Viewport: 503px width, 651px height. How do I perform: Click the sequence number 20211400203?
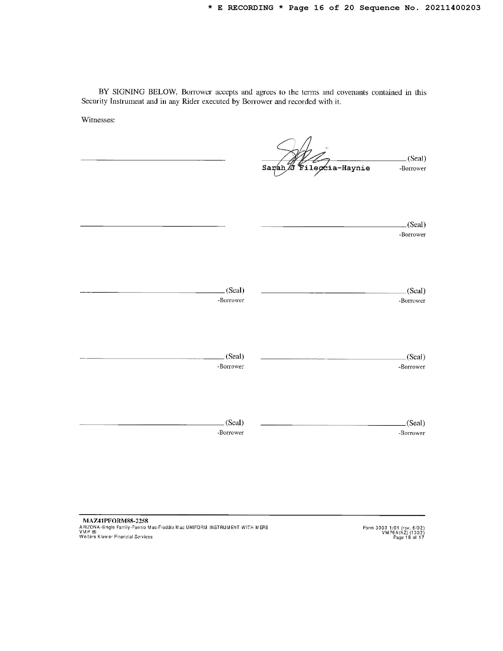pos(453,8)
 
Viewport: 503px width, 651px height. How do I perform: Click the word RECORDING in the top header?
pos(250,8)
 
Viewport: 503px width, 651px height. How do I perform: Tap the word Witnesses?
pos(98,120)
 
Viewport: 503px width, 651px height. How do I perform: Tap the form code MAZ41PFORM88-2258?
pos(115,521)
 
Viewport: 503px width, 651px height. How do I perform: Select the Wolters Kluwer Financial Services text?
pos(116,537)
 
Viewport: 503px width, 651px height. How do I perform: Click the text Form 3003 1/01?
pos(381,528)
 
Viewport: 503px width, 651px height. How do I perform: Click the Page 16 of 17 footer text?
pos(409,537)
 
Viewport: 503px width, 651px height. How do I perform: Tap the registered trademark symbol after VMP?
pos(94,532)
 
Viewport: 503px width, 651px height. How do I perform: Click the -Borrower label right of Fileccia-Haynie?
pos(412,168)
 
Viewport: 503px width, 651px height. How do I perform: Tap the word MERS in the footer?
pos(262,527)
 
